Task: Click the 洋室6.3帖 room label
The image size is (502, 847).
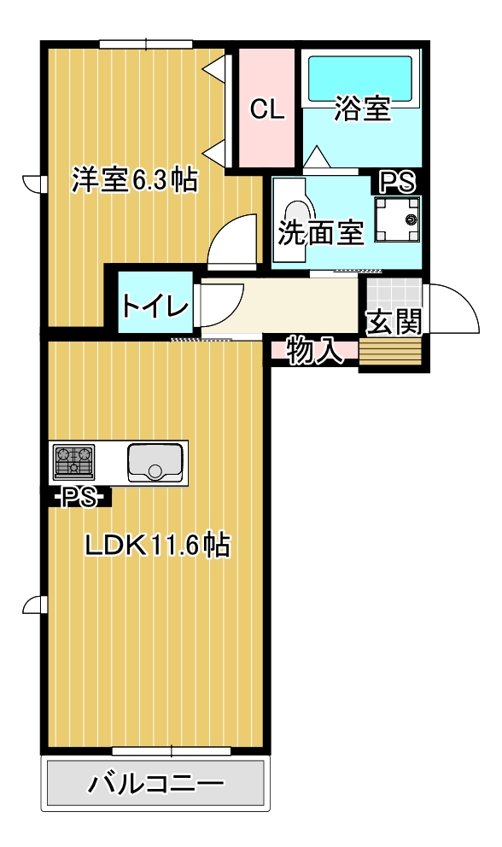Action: click(x=134, y=180)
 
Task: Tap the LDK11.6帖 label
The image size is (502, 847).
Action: click(x=157, y=545)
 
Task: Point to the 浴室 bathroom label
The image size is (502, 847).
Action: click(x=362, y=108)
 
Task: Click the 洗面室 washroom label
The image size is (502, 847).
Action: click(x=321, y=233)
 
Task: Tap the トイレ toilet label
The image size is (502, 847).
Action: click(x=154, y=304)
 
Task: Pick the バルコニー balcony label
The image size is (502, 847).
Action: click(x=155, y=784)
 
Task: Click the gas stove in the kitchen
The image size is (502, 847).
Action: click(x=74, y=463)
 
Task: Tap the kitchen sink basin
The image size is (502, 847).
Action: click(x=155, y=463)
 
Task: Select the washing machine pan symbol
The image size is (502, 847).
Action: click(x=397, y=221)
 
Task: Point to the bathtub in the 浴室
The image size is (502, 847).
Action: click(x=359, y=79)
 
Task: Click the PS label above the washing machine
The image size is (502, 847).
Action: click(x=397, y=181)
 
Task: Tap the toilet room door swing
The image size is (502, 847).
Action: click(x=219, y=304)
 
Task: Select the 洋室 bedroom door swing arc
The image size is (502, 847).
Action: click(x=235, y=242)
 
